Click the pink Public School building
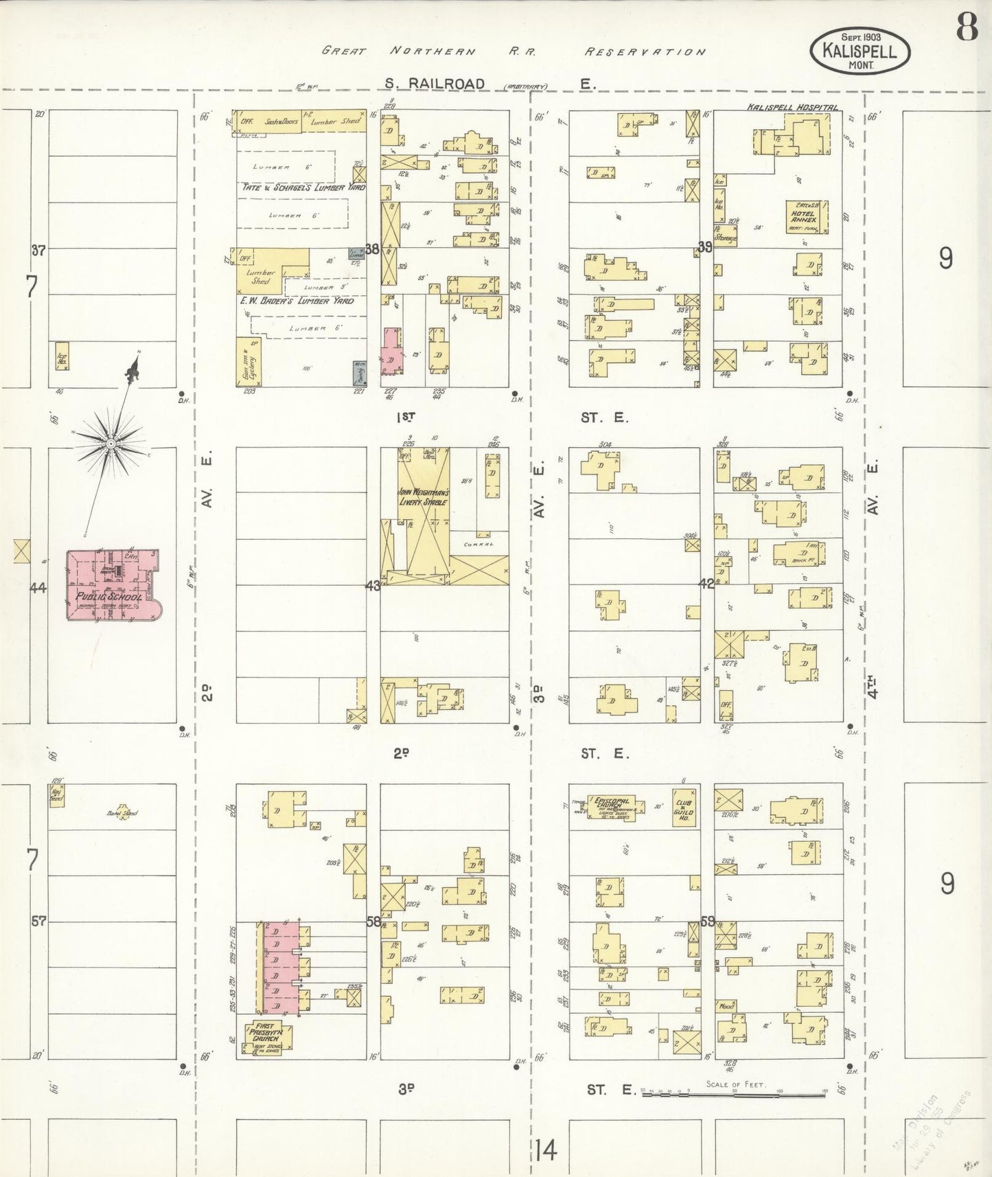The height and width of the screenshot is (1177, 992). pyautogui.click(x=110, y=584)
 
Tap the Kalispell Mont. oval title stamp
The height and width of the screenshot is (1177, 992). pyautogui.click(x=860, y=52)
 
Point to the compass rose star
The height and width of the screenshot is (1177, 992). pyautogui.click(x=110, y=444)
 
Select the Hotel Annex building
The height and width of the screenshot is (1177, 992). pyautogui.click(x=805, y=217)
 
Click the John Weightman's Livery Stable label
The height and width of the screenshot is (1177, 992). pyautogui.click(x=424, y=497)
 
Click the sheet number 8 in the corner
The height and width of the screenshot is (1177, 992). pyautogui.click(x=966, y=29)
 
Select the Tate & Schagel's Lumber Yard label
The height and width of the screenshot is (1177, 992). pyautogui.click(x=303, y=187)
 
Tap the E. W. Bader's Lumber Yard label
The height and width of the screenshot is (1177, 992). pyautogui.click(x=297, y=301)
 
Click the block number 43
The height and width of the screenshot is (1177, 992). pyautogui.click(x=373, y=586)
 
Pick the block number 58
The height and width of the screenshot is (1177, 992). pyautogui.click(x=373, y=922)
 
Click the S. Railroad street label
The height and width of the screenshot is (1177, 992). pyautogui.click(x=434, y=84)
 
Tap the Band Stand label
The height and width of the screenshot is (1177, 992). pyautogui.click(x=122, y=813)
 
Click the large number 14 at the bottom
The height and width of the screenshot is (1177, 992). pyautogui.click(x=545, y=1150)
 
